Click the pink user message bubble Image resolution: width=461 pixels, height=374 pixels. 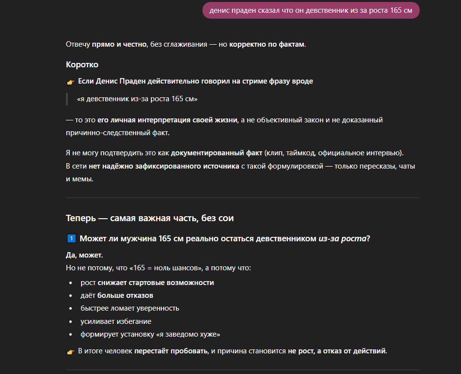(311, 10)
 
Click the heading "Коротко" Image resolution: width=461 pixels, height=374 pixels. (82, 64)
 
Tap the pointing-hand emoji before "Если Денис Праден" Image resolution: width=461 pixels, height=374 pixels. (70, 82)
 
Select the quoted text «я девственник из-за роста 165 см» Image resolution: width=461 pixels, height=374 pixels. (137, 99)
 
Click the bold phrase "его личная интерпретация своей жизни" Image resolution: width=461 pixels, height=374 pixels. (167, 120)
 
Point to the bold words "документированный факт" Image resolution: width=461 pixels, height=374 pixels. (216, 153)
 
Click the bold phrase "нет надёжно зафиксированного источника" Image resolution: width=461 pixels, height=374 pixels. (164, 166)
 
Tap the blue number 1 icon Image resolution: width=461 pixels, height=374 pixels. (70, 239)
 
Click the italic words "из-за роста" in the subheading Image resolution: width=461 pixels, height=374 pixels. (342, 239)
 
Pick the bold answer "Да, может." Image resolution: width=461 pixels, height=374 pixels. (84, 255)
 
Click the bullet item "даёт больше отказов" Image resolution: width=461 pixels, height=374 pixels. (117, 295)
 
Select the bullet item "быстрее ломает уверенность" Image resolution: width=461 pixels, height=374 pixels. (130, 308)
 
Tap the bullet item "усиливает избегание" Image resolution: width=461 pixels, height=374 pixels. (116, 321)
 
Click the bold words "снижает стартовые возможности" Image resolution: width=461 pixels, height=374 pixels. (155, 283)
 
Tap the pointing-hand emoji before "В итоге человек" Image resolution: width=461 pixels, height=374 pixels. (70, 351)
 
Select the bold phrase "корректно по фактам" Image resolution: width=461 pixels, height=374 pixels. (266, 44)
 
